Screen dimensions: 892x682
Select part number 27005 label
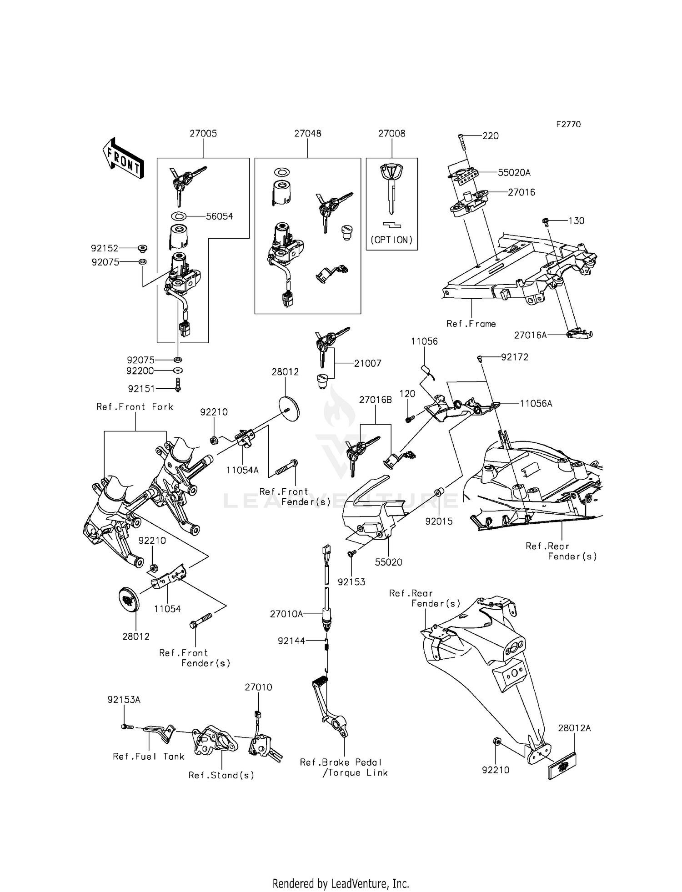(203, 134)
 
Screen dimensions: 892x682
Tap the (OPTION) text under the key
(391, 240)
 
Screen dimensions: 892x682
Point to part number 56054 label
(219, 216)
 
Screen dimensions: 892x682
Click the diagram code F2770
(568, 125)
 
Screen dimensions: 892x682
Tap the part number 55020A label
(514, 173)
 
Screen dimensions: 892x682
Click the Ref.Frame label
(471, 324)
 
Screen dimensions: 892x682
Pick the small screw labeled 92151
(178, 385)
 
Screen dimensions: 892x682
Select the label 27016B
(375, 400)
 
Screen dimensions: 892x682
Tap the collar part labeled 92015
(439, 492)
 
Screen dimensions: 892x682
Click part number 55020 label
(388, 562)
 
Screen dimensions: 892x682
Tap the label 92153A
(124, 700)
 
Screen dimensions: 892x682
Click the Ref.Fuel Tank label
(148, 757)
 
